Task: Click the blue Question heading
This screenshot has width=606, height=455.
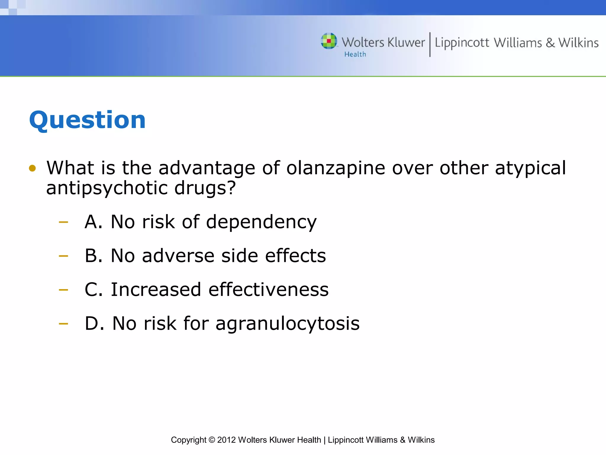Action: [x=87, y=120]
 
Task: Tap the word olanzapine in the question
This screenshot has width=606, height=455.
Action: [x=336, y=168]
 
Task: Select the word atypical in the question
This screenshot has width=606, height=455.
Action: [x=530, y=168]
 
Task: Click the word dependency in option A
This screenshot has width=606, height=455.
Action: [x=261, y=222]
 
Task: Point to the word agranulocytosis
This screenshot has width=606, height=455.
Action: [x=287, y=324]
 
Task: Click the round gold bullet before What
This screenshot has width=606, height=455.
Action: [x=32, y=168]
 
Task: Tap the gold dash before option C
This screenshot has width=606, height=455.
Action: [x=63, y=289]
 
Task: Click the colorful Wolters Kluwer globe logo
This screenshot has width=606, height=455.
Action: [x=329, y=41]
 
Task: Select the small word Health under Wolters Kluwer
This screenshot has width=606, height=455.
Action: [x=355, y=55]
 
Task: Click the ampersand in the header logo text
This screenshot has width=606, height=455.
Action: [x=550, y=43]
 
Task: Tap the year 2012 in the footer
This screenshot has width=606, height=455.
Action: [x=226, y=440]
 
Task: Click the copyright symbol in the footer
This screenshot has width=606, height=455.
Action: [x=212, y=440]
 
